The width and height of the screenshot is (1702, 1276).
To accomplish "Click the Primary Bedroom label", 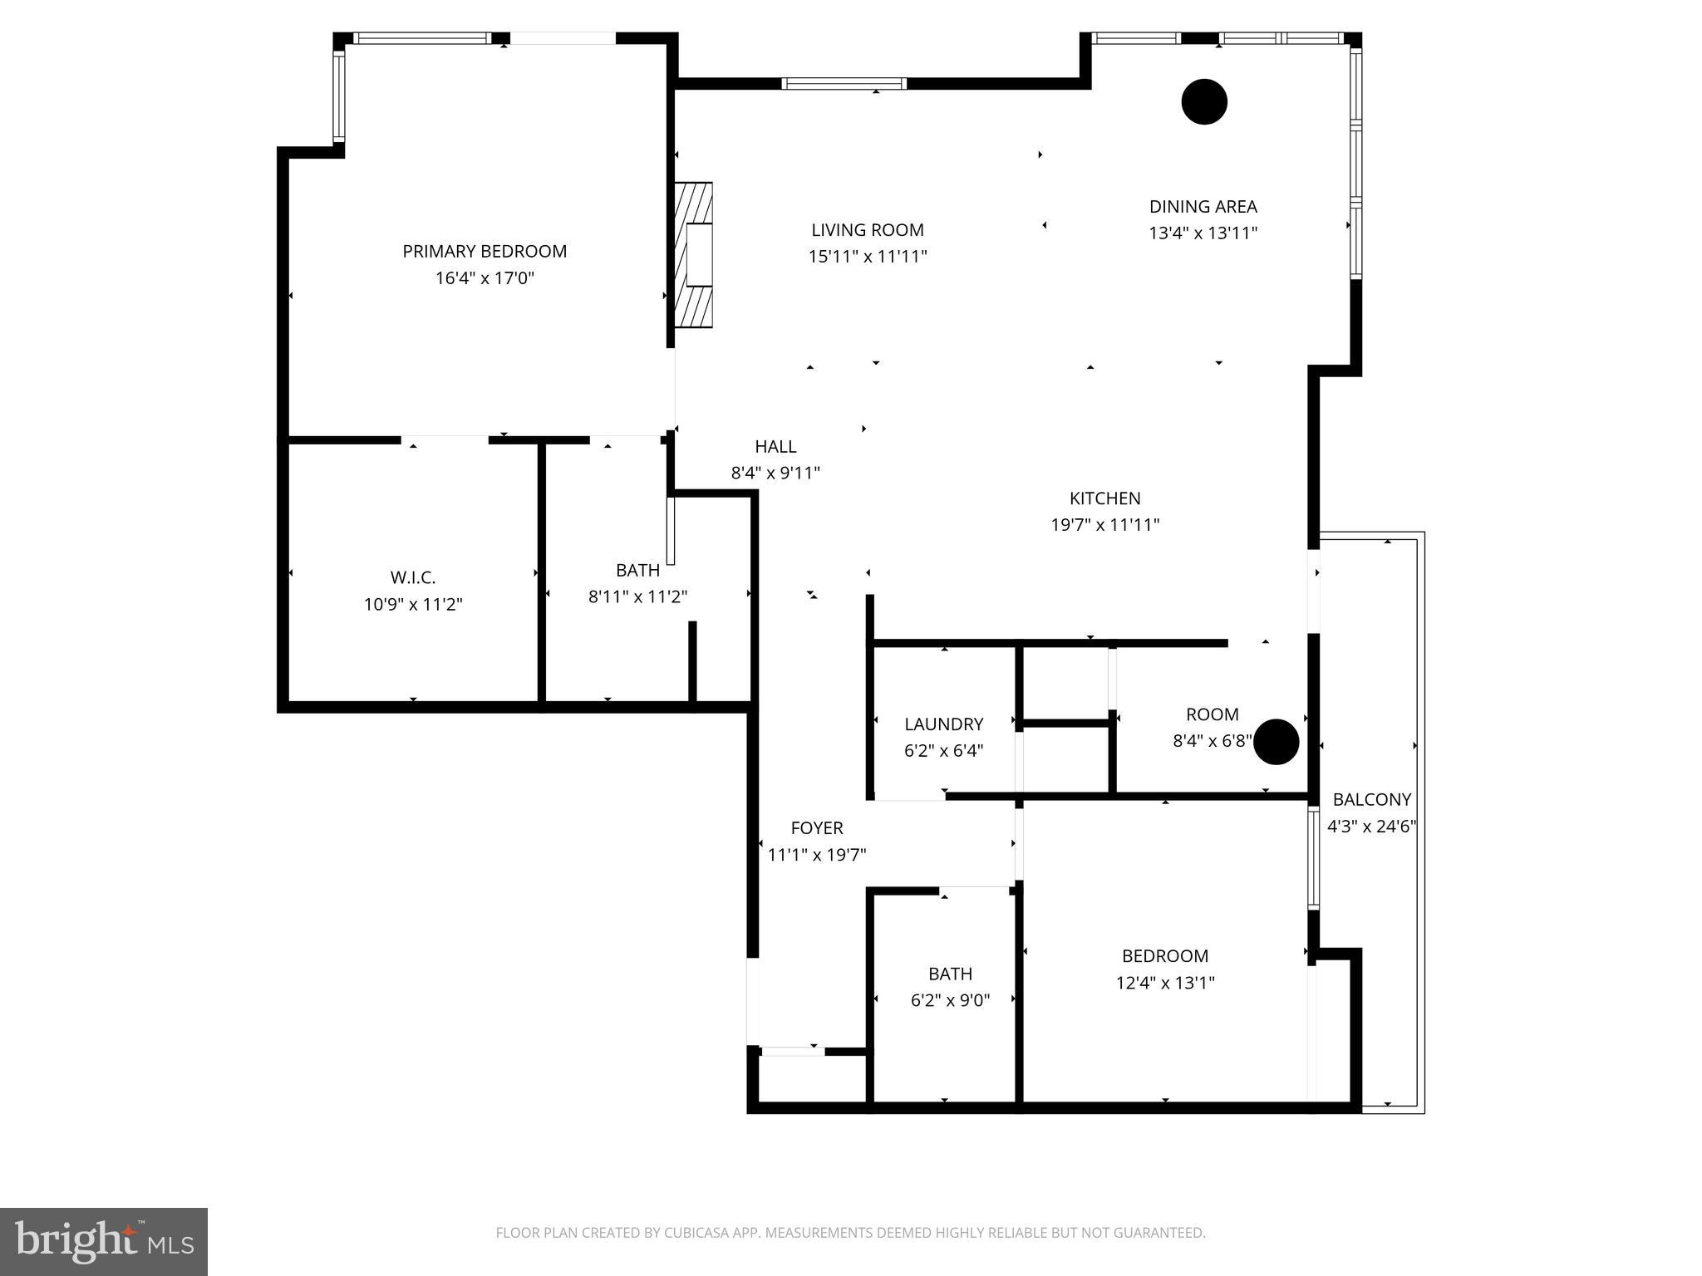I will [x=485, y=251].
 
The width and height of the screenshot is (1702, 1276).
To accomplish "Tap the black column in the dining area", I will [x=1204, y=102].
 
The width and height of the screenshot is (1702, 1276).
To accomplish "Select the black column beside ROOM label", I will [x=1276, y=742].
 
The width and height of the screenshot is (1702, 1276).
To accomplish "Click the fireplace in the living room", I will [x=693, y=255].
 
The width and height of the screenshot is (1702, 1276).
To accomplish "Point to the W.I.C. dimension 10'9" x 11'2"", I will [x=413, y=604].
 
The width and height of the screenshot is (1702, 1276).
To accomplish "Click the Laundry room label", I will [x=943, y=724].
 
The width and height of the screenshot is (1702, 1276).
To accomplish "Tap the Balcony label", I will [x=1371, y=799].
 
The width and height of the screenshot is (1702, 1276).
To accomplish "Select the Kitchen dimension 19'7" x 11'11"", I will [x=1104, y=525].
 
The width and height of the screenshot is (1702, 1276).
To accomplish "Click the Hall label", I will [x=775, y=447].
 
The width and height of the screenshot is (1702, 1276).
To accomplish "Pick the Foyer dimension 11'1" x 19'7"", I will [x=816, y=855].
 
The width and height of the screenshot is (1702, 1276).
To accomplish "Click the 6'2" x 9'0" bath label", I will [x=950, y=974].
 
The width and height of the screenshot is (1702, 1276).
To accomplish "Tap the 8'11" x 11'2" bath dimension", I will [x=637, y=596].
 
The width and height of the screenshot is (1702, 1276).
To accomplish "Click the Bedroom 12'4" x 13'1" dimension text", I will [x=1164, y=983].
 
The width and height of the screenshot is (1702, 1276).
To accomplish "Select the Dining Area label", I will [x=1203, y=207].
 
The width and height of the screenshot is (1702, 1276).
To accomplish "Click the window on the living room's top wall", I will [x=844, y=83].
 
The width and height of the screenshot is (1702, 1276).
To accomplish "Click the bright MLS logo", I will [x=104, y=1242].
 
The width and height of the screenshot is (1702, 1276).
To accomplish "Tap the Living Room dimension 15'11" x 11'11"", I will [x=868, y=257].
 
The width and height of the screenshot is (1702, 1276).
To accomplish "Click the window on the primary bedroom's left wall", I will [x=339, y=96].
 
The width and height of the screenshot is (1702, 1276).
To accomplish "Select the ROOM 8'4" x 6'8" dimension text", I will [x=1211, y=741].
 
